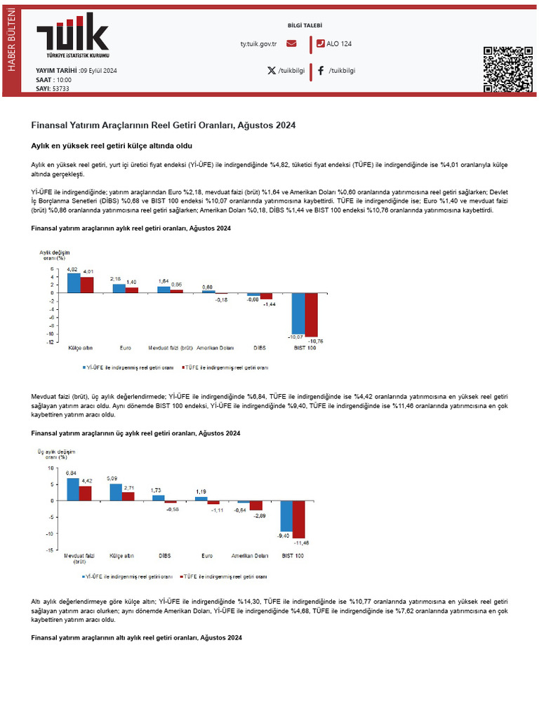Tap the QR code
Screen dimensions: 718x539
click(x=507, y=69)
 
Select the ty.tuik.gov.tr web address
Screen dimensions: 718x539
click(x=258, y=43)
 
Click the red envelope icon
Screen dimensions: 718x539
click(x=291, y=43)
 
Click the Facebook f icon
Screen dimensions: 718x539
click(x=321, y=71)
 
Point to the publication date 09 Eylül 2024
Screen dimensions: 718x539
click(x=98, y=71)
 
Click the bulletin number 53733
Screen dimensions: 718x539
click(x=61, y=89)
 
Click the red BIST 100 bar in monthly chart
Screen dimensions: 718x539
click(x=311, y=315)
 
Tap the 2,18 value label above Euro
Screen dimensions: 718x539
click(x=117, y=278)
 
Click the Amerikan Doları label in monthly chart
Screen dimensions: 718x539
click(x=215, y=347)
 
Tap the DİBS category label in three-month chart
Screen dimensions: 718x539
click(x=165, y=555)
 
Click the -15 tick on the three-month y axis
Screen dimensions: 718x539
click(x=49, y=550)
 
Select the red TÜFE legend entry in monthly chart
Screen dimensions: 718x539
click(x=225, y=367)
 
